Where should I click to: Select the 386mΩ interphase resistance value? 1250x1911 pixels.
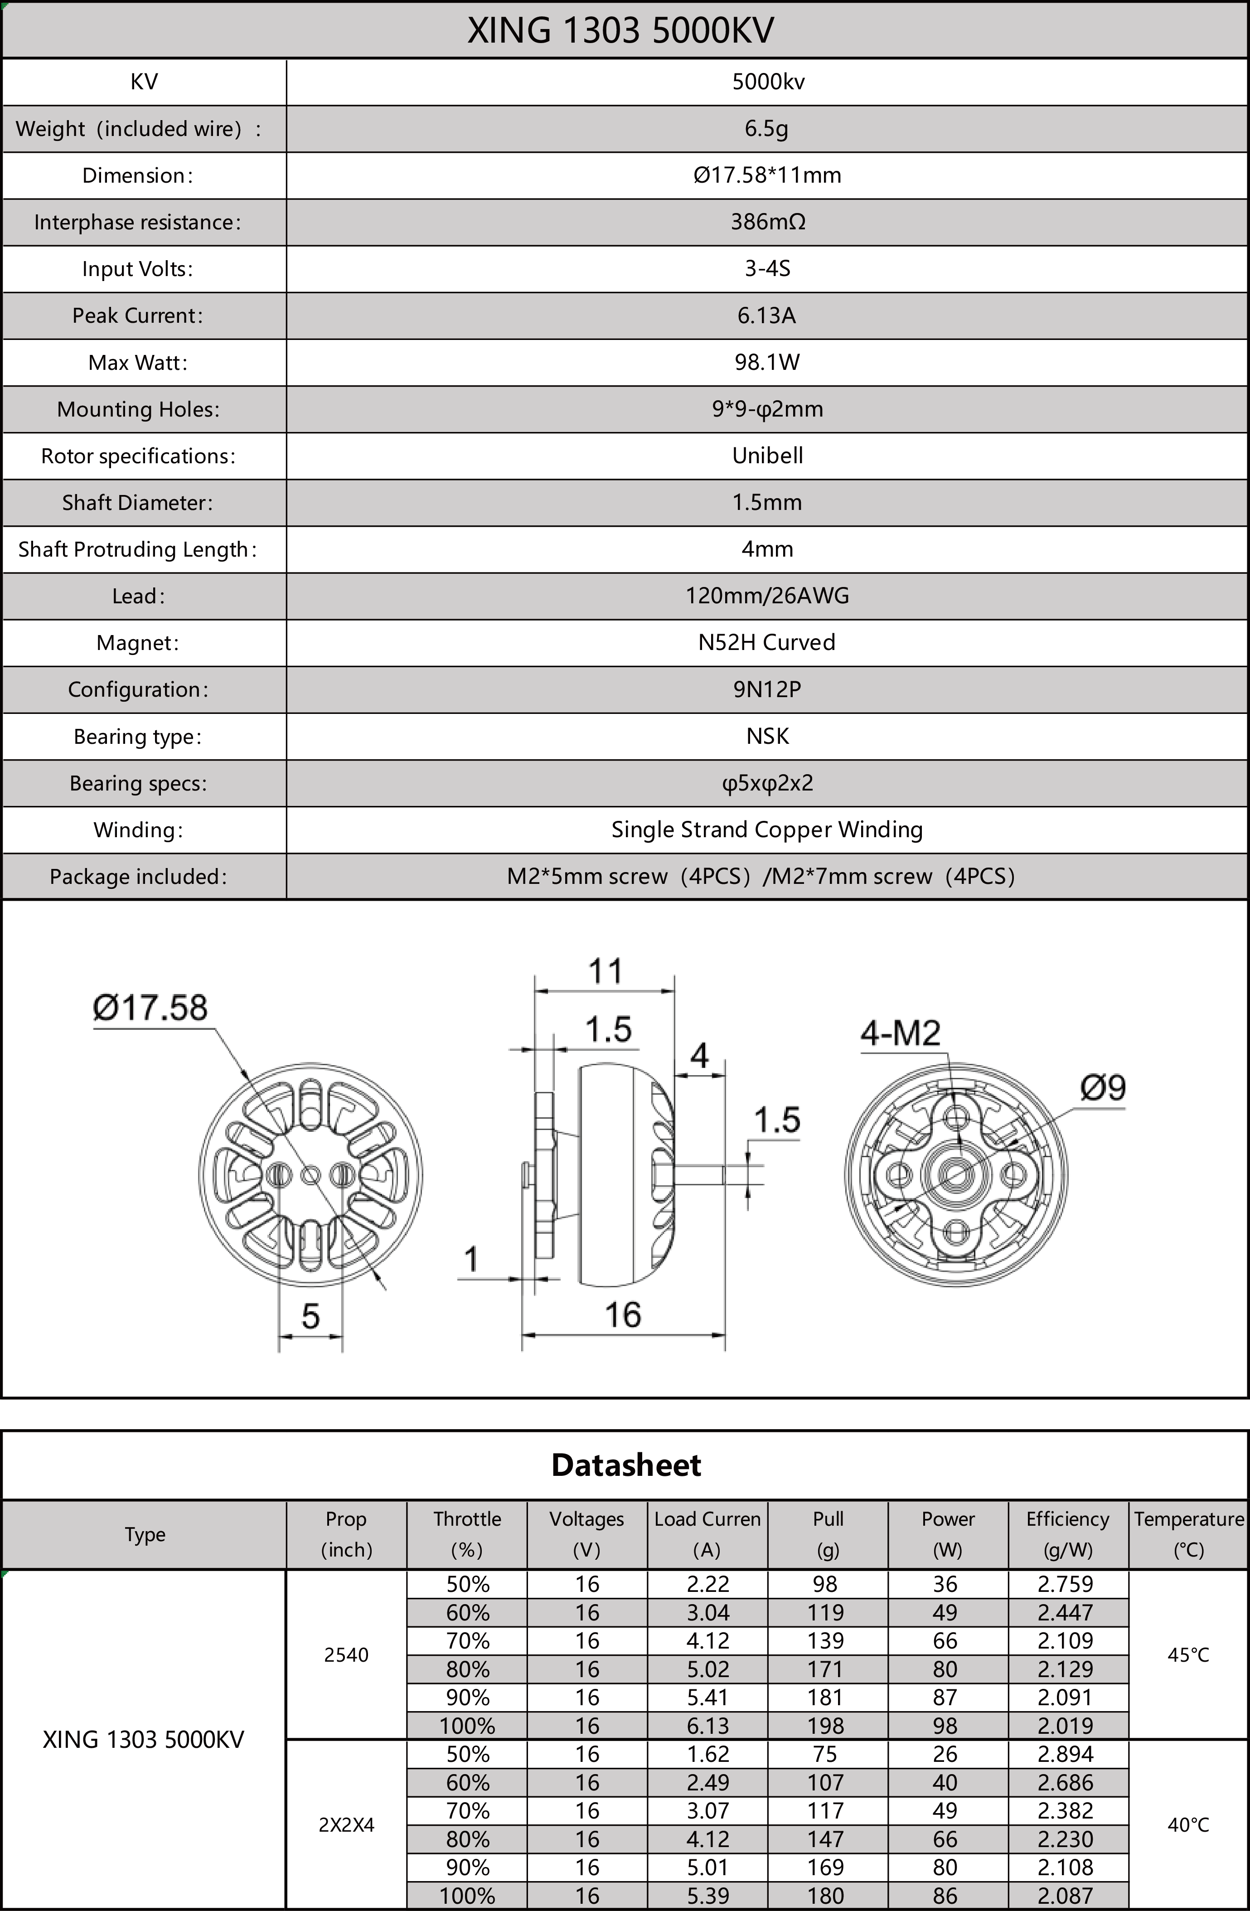pos(767,222)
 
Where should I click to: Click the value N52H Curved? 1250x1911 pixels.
pos(767,642)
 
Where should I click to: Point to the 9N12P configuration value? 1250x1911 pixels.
pos(767,689)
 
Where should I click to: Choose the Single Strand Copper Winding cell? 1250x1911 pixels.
pos(767,829)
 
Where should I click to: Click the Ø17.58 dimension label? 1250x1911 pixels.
pos(150,1008)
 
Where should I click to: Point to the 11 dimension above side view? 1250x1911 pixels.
pos(606,971)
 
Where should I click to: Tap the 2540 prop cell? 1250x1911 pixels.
pos(346,1655)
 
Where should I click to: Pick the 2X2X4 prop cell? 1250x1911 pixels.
pos(346,1825)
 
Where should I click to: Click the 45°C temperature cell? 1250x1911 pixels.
pos(1188,1655)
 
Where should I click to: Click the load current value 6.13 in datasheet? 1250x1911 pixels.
pos(707,1726)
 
